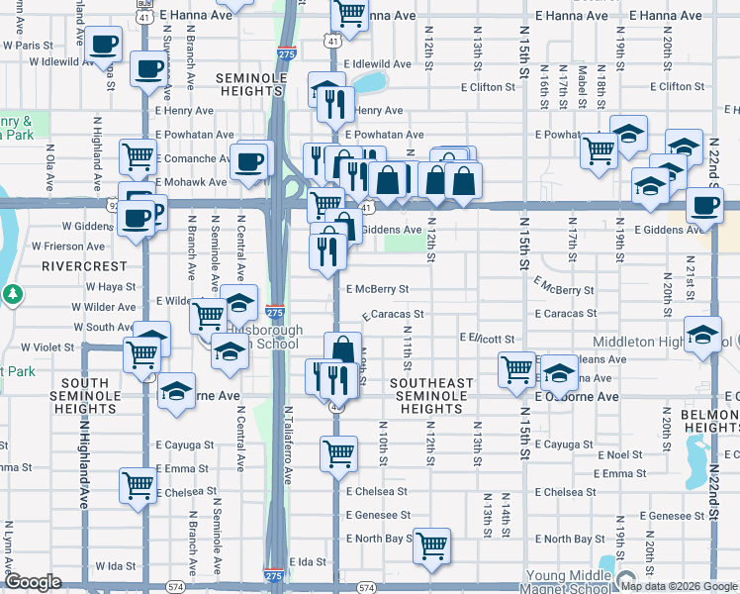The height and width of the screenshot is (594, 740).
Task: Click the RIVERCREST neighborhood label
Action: (84, 266)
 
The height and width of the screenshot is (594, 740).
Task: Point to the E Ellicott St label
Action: (488, 339)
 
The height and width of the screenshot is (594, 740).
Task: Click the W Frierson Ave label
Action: (67, 246)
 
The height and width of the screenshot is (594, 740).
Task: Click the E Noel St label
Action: (620, 454)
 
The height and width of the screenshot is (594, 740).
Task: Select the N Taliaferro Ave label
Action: (288, 445)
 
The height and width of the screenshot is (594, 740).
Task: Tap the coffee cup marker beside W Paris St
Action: (103, 45)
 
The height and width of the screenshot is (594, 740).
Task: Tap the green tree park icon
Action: (12, 294)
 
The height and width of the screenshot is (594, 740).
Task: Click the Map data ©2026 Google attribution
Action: (678, 586)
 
